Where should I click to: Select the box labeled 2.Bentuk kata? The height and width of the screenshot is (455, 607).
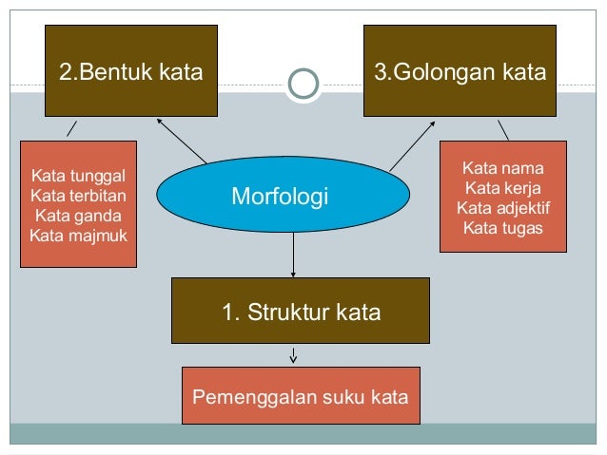(x=132, y=71)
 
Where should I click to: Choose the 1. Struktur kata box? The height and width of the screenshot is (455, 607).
(x=301, y=311)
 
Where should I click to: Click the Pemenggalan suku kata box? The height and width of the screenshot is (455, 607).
(x=301, y=395)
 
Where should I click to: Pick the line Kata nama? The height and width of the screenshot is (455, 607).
(x=503, y=168)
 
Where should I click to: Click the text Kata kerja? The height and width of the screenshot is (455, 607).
(x=503, y=188)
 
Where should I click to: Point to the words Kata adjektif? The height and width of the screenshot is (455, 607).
(x=503, y=208)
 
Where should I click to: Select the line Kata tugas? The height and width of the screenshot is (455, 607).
(x=503, y=228)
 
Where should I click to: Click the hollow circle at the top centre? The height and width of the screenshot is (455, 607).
(x=303, y=84)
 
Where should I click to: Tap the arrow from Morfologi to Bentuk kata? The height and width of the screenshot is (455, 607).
(x=182, y=140)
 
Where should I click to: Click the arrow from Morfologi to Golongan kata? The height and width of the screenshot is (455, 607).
(x=412, y=145)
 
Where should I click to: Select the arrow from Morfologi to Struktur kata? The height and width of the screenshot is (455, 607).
(x=294, y=255)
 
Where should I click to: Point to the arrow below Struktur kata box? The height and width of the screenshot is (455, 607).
(x=294, y=354)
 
